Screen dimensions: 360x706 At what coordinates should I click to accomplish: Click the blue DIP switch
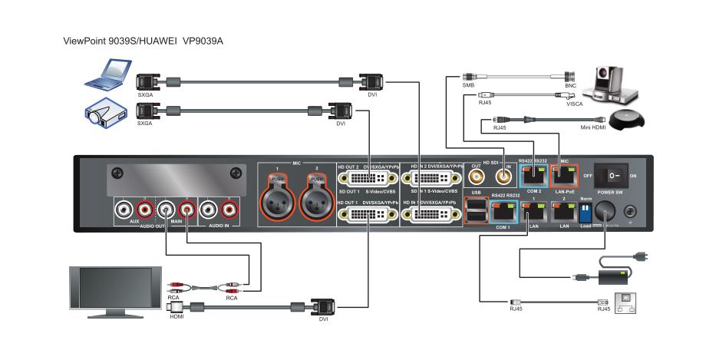tap(586, 210)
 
